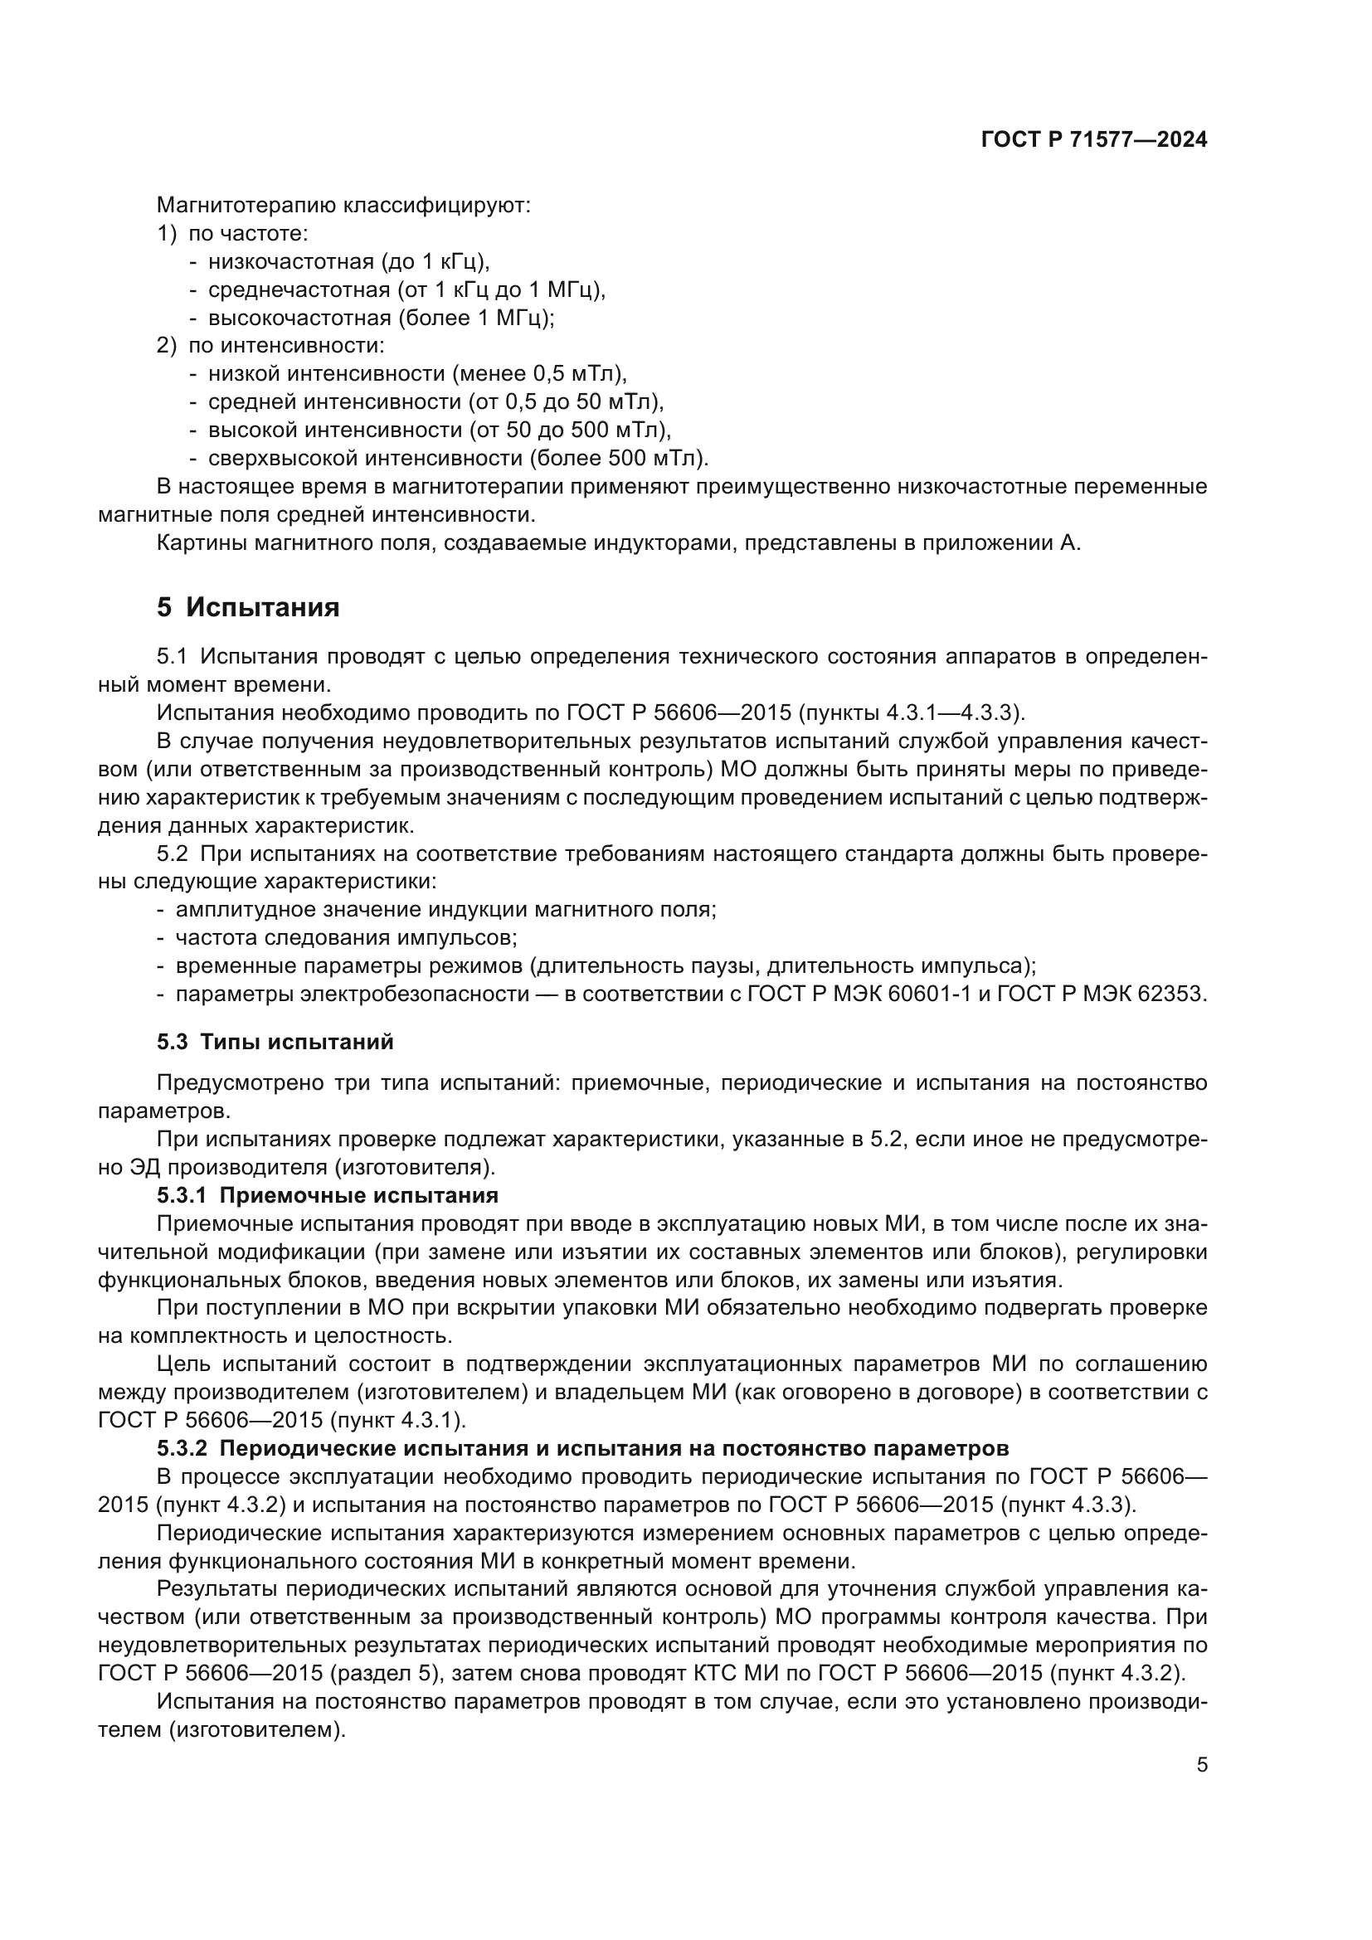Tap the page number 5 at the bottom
(x=1201, y=1765)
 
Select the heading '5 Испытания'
(x=248, y=607)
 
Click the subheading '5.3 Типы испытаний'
(x=275, y=1041)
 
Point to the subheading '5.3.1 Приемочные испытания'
(x=327, y=1194)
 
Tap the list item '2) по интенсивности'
(x=270, y=346)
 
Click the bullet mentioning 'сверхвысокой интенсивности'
(x=458, y=458)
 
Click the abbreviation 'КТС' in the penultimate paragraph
(x=794, y=1673)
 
